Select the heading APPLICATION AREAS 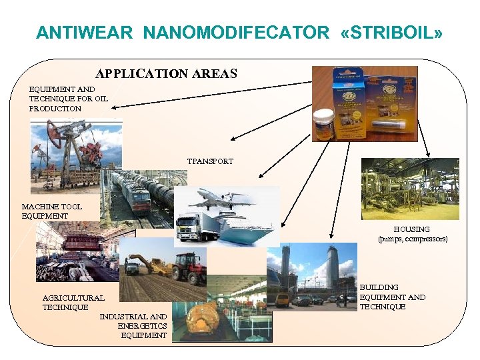(166, 73)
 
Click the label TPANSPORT (210, 161)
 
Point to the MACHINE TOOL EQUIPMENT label (52, 211)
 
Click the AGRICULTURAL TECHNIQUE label (73, 303)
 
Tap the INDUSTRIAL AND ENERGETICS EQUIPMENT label (133, 326)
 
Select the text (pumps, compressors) (413, 239)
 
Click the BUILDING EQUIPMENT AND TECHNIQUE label (392, 297)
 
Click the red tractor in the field (189, 267)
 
